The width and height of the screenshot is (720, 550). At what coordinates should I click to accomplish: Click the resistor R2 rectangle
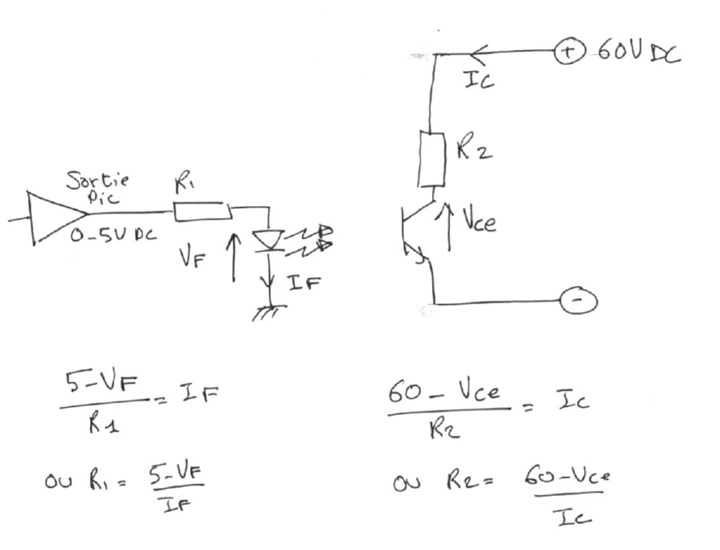point(434,158)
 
